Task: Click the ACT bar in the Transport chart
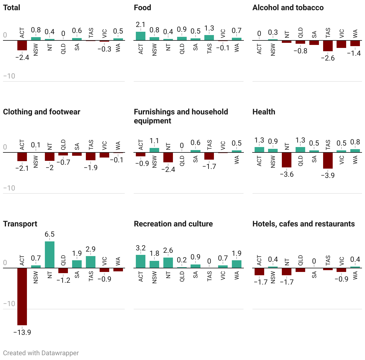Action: [22, 296]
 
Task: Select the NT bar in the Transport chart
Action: [50, 254]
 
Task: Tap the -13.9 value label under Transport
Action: [22, 332]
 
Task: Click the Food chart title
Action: [142, 7]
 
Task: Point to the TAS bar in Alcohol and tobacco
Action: [328, 46]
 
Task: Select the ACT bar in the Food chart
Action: [141, 36]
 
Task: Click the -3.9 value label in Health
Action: [328, 175]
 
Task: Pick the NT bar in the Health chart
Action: [287, 160]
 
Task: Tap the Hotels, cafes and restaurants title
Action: [303, 224]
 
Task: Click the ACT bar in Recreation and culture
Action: [141, 261]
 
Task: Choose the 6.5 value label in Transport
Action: [50, 234]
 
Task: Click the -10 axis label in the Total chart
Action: [9, 76]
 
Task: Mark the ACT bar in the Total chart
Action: [22, 45]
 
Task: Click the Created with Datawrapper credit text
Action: [41, 353]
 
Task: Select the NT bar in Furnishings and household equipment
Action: [168, 158]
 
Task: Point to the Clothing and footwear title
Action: [42, 112]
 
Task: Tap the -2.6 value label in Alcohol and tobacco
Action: [328, 58]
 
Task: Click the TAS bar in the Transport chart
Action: [91, 262]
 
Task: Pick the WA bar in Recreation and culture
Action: [237, 264]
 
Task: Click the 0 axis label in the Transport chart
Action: [5, 263]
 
